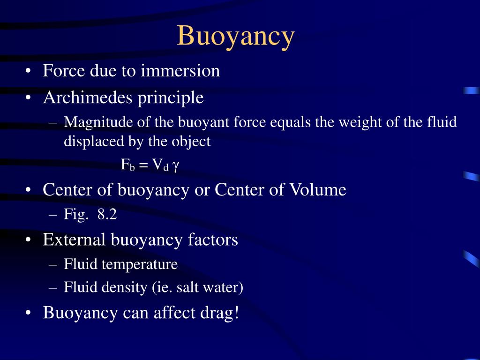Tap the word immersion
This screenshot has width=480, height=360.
pyautogui.click(x=180, y=71)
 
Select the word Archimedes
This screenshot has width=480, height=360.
pyautogui.click(x=86, y=98)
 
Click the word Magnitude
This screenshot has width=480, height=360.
pyautogui.click(x=98, y=122)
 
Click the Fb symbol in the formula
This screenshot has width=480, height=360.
pyautogui.click(x=127, y=165)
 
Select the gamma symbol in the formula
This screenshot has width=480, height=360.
pyautogui.click(x=175, y=166)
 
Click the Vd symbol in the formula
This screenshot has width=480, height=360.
pyautogui.click(x=159, y=165)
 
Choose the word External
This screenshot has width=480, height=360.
pyautogui.click(x=74, y=240)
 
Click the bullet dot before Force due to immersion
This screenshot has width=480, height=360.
pyautogui.click(x=30, y=71)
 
